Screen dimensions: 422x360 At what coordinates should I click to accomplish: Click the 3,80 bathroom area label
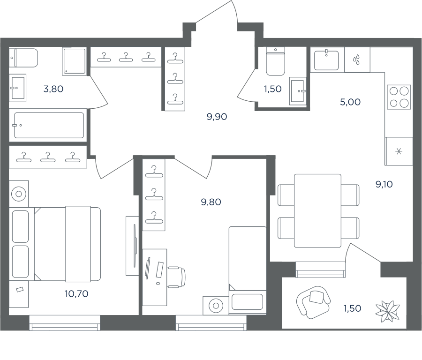point(53,89)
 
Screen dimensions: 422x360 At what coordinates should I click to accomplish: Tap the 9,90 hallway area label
point(217,117)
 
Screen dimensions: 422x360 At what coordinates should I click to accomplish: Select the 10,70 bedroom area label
point(76,293)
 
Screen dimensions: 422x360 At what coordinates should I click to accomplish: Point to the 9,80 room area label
point(211,202)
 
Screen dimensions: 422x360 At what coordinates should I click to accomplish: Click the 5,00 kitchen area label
point(350,102)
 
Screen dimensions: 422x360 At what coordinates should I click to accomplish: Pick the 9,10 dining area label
point(384,184)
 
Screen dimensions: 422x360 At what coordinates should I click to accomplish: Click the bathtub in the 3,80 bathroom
point(48,125)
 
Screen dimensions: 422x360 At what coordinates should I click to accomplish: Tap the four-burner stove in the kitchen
point(399,97)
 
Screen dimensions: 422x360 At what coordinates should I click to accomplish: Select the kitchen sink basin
point(326,60)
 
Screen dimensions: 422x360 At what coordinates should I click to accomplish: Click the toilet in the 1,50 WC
point(275,61)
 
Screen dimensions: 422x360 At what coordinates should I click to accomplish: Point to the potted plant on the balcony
point(388,311)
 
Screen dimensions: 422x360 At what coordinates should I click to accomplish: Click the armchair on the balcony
point(313,302)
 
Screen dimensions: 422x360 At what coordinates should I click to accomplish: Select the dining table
point(317,210)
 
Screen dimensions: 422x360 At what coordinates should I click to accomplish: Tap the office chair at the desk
point(177,277)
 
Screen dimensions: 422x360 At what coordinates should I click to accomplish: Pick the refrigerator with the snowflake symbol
point(399,151)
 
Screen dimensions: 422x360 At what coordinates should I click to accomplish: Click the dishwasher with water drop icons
point(357,60)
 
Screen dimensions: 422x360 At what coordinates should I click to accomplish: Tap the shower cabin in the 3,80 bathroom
point(75,61)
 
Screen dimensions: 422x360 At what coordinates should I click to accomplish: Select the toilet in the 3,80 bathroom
point(23,58)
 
